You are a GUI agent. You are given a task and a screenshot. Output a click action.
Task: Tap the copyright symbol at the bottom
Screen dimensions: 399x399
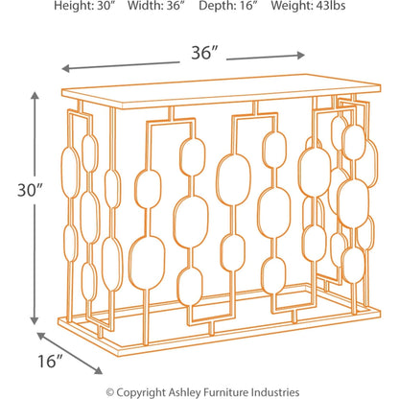[110, 391]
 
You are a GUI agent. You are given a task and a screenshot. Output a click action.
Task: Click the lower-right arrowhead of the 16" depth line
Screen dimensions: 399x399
[102, 373]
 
